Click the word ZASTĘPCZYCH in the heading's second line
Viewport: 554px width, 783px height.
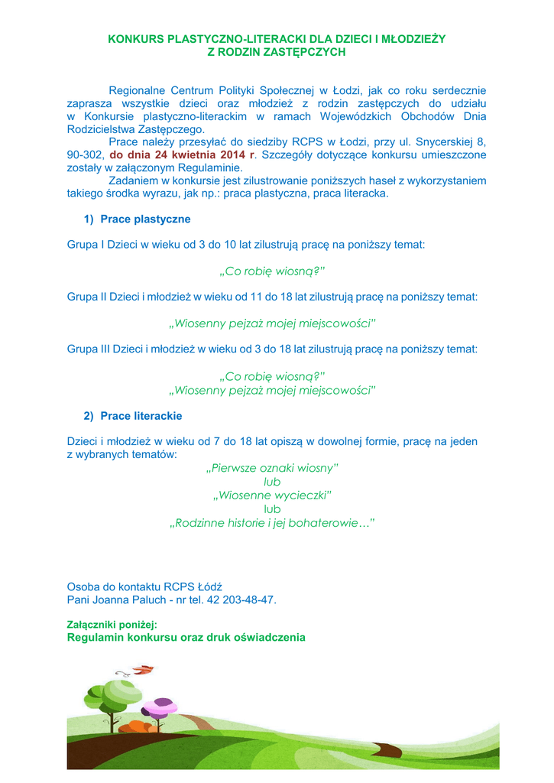click(x=308, y=51)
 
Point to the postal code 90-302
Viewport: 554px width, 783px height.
click(x=84, y=154)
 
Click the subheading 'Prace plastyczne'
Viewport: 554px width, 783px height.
click(x=145, y=219)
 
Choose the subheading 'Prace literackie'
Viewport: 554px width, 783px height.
click(x=141, y=416)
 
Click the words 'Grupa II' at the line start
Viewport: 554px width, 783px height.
click(x=87, y=297)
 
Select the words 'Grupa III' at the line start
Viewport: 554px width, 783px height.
click(x=89, y=349)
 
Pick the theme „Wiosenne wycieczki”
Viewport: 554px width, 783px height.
click(x=272, y=495)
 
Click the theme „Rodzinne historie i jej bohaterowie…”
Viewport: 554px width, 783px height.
click(x=272, y=523)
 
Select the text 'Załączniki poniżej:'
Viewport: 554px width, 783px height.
click(x=112, y=625)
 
